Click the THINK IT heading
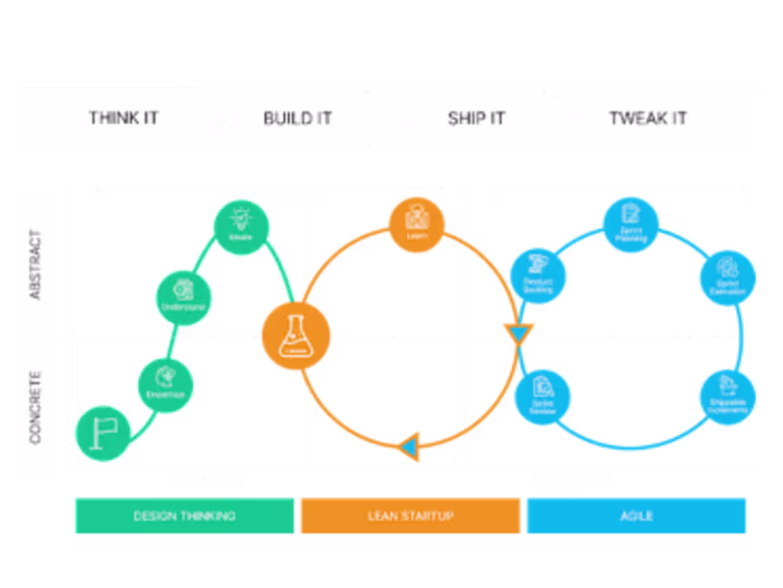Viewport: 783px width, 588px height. tap(123, 118)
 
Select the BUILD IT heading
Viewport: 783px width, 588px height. tap(298, 118)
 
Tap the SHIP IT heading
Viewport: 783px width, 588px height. tap(476, 118)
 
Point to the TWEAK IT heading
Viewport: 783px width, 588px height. tap(647, 118)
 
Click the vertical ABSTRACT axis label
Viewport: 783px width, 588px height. tap(36, 264)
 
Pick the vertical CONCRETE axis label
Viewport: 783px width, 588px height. tap(36, 406)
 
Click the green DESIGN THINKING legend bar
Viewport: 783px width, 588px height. tap(184, 516)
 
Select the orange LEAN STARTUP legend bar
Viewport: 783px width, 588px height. tap(410, 516)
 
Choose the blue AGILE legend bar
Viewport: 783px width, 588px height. tap(637, 516)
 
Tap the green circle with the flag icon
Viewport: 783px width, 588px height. tap(102, 430)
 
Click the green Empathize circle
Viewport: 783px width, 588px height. tap(163, 383)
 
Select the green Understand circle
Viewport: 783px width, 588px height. tap(184, 294)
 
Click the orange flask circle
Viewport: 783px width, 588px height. tap(296, 336)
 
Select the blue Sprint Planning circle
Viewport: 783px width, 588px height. tap(630, 222)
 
